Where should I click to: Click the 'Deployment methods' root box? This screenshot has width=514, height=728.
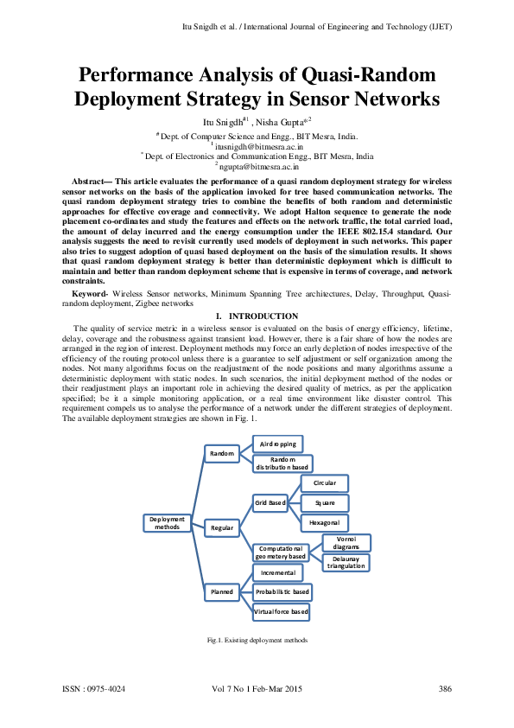[167, 522]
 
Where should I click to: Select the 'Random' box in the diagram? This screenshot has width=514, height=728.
[223, 453]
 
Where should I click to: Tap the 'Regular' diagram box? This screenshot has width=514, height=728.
[222, 527]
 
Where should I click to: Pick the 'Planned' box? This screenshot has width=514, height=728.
[222, 592]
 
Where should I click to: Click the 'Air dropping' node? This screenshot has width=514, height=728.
[277, 444]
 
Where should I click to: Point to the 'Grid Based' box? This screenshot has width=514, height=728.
[270, 502]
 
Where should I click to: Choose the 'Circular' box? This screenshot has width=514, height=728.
[324, 482]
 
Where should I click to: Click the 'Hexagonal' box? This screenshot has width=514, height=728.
[324, 523]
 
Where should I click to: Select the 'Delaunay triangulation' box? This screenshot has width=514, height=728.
[346, 563]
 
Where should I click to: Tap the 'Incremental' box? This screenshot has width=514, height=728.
[277, 572]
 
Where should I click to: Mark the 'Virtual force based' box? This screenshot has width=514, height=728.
[281, 611]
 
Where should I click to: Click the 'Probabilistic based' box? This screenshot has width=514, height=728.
[282, 592]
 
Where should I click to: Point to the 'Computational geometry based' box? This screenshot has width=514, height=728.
[280, 552]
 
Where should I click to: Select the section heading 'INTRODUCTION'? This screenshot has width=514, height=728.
[263, 316]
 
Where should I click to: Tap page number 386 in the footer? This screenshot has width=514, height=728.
[446, 689]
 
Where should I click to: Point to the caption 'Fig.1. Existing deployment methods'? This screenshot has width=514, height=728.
[257, 641]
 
